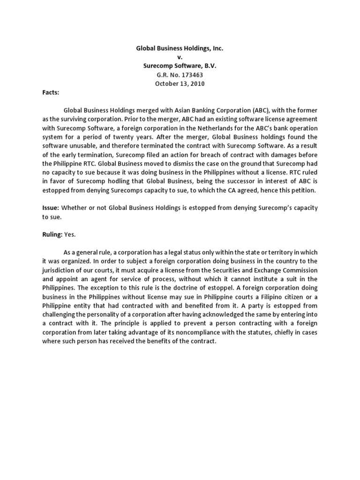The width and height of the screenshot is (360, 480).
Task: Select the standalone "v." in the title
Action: tap(180, 57)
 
